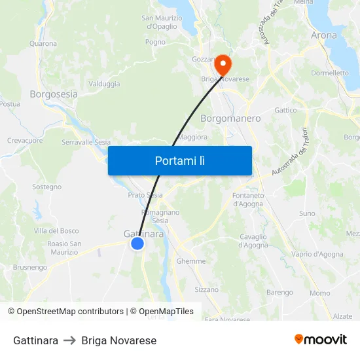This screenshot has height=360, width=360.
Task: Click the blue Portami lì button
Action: [179, 160]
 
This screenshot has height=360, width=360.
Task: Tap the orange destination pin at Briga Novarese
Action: [223, 64]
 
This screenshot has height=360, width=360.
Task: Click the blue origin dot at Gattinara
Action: [137, 243]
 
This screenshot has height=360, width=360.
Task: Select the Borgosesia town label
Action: [54, 94]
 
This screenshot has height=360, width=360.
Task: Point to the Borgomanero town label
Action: [230, 119]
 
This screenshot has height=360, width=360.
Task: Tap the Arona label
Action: [324, 35]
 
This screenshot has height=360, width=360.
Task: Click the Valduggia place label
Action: [104, 84]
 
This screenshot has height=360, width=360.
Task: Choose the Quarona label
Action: [43, 44]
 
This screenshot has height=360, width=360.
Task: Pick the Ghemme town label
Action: [191, 261]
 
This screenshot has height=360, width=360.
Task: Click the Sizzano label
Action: [207, 289]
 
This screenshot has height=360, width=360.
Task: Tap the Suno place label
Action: [307, 213]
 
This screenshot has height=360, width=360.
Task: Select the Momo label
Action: [320, 293]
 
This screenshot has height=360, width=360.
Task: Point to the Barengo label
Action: [279, 293]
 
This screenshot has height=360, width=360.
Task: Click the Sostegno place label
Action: [47, 187]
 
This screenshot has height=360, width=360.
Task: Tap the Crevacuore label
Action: [25, 141]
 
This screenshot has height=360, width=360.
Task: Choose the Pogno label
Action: [155, 42]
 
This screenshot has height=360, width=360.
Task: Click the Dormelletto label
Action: [330, 73]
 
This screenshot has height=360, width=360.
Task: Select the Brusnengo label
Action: [30, 268]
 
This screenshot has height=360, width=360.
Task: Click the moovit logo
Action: [321, 340]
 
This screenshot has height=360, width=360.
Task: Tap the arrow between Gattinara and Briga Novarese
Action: [70, 341]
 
